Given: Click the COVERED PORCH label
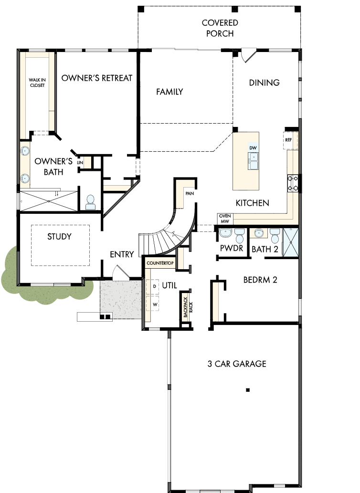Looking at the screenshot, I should pyautogui.click(x=220, y=28).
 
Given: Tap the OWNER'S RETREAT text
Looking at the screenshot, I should pyautogui.click(x=96, y=78).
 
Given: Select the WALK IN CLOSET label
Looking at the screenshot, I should pyautogui.click(x=36, y=83).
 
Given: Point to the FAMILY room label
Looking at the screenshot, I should pyautogui.click(x=169, y=92).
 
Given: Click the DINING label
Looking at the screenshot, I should pyautogui.click(x=264, y=83).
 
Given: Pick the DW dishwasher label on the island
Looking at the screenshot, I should pyautogui.click(x=253, y=148).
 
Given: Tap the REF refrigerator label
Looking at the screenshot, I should pyautogui.click(x=288, y=140).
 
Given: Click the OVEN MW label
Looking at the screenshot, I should pyautogui.click(x=225, y=218).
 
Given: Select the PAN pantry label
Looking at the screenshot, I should pyautogui.click(x=189, y=194).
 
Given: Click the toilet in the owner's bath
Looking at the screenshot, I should pyautogui.click(x=90, y=202).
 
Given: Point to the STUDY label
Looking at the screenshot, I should pyautogui.click(x=59, y=236).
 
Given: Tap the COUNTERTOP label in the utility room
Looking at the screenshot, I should pyautogui.click(x=160, y=263).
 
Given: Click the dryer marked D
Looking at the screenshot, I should pyautogui.click(x=154, y=285).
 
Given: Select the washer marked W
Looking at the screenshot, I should pyautogui.click(x=154, y=303).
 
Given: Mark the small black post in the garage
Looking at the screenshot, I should pyautogui.click(x=248, y=389).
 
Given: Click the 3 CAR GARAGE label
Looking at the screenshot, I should pyautogui.click(x=237, y=364).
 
